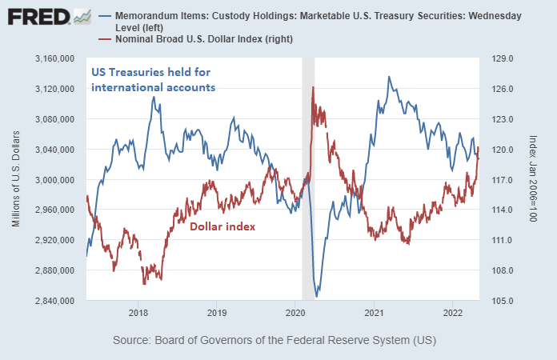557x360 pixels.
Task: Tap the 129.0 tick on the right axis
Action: tap(501, 58)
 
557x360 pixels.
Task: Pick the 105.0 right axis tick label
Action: tap(501, 301)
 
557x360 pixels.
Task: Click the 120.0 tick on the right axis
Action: tap(501, 150)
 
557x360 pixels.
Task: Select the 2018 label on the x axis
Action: tap(138, 312)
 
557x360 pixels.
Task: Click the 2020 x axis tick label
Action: tap(295, 312)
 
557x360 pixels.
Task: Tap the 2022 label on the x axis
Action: tap(453, 312)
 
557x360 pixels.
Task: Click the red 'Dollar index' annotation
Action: tap(222, 226)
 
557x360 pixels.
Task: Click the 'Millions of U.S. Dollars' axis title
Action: tap(16, 180)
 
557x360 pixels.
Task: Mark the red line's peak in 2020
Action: tap(313, 87)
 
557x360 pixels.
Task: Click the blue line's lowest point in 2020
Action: tap(318, 296)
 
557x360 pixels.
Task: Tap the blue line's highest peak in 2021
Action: tap(389, 77)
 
